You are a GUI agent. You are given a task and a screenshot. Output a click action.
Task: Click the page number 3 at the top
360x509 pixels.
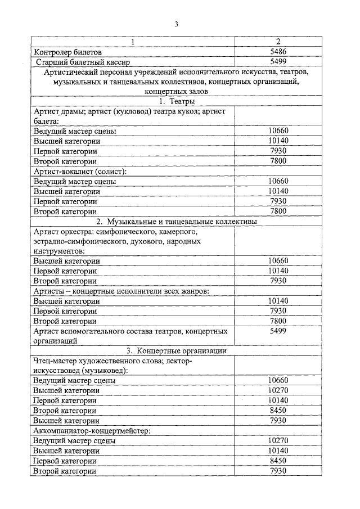[176, 24]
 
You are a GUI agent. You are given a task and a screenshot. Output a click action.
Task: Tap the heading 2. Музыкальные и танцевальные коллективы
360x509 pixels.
[177, 222]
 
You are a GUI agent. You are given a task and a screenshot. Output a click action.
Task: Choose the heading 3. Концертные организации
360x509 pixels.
[177, 350]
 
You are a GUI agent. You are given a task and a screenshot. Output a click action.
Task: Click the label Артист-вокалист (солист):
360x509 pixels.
[80, 171]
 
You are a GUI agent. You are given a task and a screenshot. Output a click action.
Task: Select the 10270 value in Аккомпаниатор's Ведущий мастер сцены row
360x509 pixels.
[278, 440]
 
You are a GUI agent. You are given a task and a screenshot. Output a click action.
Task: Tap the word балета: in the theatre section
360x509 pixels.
[46, 121]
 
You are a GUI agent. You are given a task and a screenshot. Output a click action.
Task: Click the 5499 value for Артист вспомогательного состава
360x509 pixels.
[278, 331]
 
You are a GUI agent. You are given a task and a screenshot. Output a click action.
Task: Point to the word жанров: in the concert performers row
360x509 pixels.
[195, 291]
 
